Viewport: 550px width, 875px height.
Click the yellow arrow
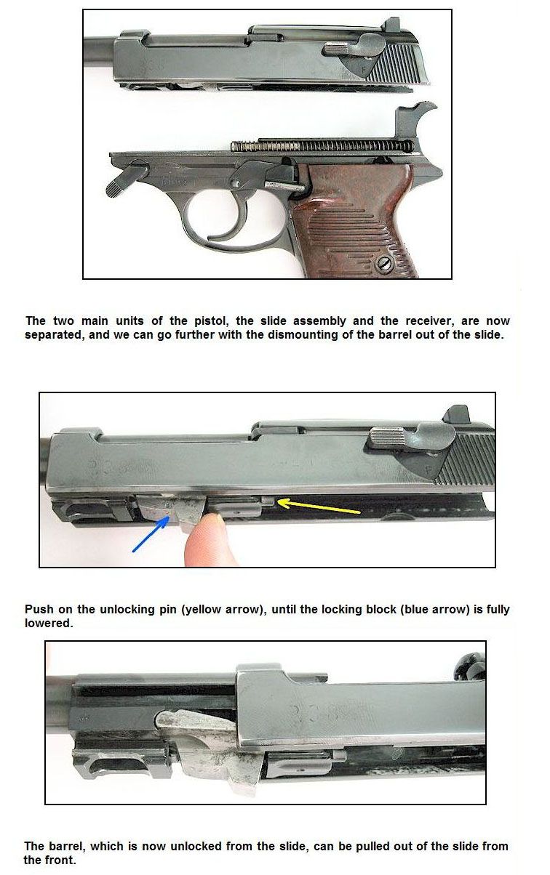click(318, 506)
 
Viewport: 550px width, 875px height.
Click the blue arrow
click(151, 533)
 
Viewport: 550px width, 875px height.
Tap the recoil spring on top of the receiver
click(322, 146)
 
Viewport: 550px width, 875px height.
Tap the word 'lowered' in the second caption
click(49, 623)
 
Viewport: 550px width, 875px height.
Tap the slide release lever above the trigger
click(250, 173)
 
